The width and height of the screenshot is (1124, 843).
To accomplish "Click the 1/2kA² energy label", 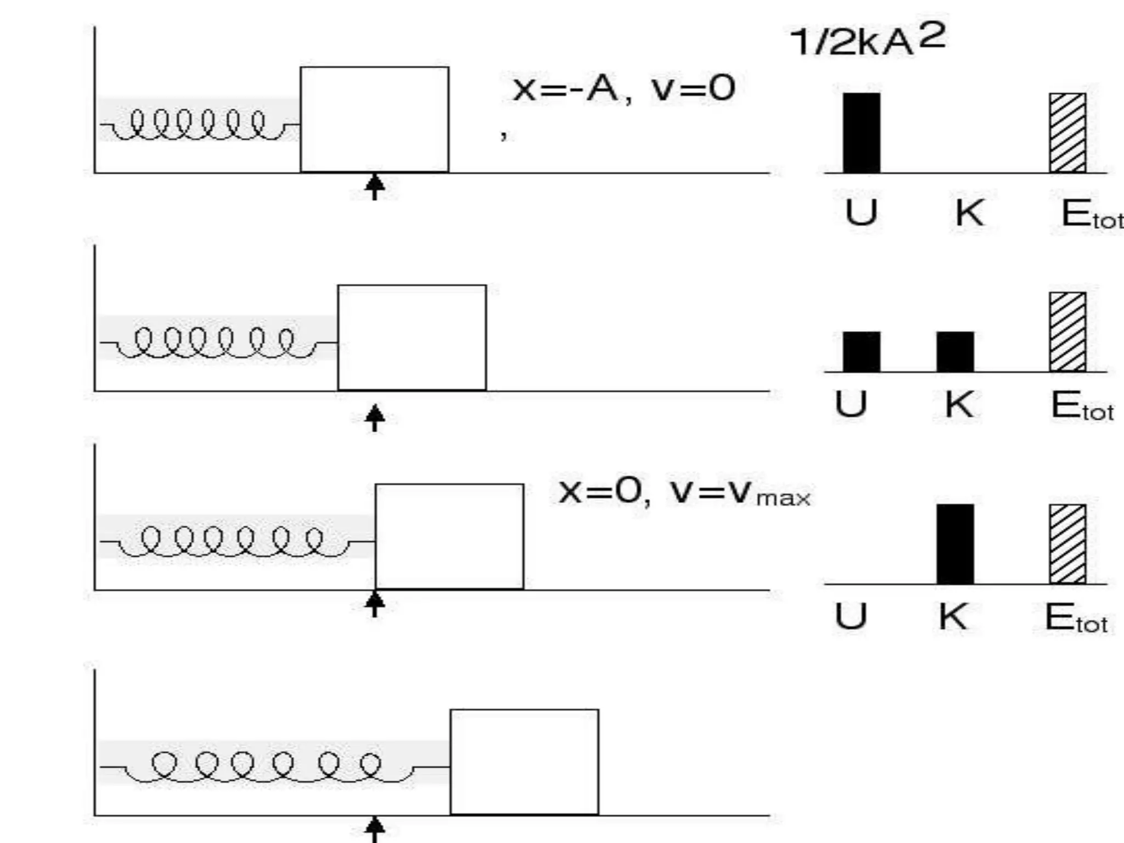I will tap(867, 40).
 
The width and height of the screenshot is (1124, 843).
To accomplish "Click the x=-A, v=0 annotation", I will tap(623, 89).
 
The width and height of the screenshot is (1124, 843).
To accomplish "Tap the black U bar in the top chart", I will tap(862, 133).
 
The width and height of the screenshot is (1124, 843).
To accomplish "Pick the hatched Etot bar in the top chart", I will tap(1067, 133).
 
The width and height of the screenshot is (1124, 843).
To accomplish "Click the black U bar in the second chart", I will tap(862, 352).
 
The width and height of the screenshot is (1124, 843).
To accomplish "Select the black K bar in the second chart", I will tap(955, 352).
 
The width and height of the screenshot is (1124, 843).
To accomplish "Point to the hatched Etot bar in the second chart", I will tap(1067, 332).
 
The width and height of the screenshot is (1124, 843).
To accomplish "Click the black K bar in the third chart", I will tap(955, 544).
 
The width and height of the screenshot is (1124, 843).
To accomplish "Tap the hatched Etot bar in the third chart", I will tap(1067, 544).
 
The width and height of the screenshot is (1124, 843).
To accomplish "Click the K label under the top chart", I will tap(969, 213).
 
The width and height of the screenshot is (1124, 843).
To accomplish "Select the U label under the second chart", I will tap(851, 404).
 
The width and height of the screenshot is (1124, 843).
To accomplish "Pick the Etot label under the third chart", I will tap(1076, 618).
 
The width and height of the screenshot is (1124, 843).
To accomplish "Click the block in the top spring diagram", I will tap(374, 119).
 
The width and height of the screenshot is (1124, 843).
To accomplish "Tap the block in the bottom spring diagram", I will tap(524, 762).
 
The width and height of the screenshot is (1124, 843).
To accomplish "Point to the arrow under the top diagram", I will tap(375, 187).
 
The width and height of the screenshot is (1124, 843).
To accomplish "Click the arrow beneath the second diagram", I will tap(375, 418).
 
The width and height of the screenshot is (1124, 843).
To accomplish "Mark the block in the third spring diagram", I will tap(449, 536).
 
